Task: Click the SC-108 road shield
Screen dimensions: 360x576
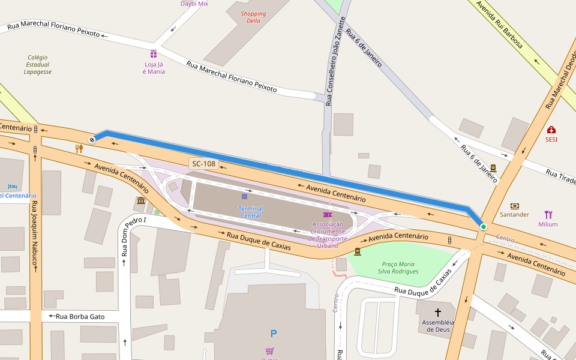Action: point(203,163)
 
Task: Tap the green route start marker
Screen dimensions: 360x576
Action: point(483,227)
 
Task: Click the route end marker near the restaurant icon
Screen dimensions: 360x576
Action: point(92,140)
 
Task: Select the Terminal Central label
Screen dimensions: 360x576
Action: point(251,212)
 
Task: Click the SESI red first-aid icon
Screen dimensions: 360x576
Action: point(551,130)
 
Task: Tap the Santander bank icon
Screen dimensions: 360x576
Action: point(514,206)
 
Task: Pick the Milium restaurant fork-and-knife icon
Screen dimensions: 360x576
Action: point(548,215)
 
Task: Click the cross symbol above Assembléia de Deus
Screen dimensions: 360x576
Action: point(437,312)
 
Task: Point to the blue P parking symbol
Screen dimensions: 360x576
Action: point(274,334)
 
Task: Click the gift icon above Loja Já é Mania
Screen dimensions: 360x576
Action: point(154,53)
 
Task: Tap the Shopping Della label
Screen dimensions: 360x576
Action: point(253,17)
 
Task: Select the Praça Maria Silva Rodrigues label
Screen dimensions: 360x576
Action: point(398,268)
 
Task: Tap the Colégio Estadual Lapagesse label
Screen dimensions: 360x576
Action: point(38,65)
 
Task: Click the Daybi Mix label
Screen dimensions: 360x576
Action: point(194,4)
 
